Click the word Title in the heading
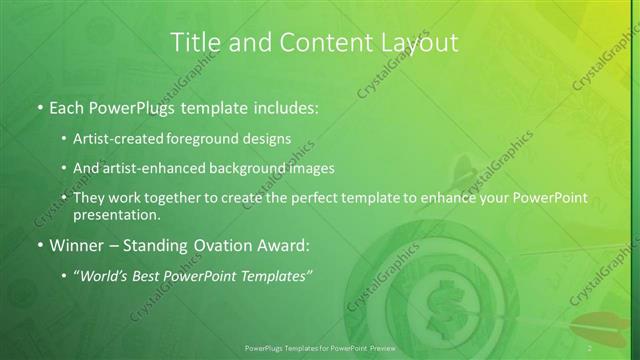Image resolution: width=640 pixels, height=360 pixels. [x=194, y=42]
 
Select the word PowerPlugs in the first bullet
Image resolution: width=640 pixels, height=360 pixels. [x=131, y=107]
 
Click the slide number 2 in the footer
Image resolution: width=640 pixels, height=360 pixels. [x=590, y=347]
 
